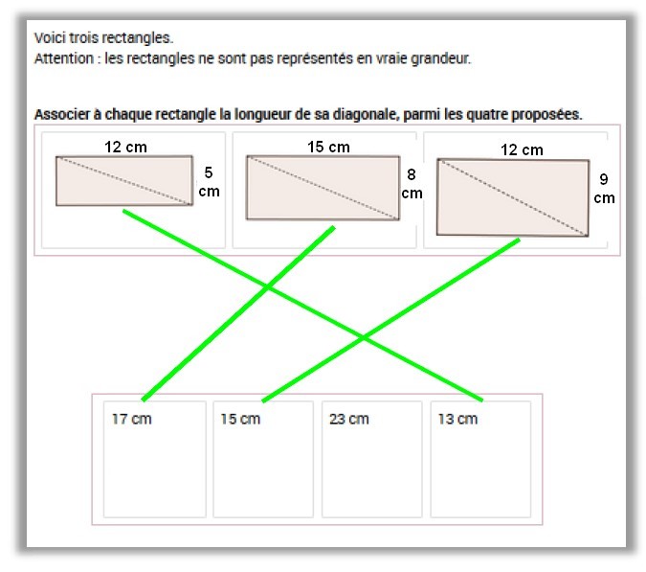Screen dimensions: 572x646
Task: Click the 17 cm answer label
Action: (x=131, y=419)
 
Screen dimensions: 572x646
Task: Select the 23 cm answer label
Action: (x=348, y=419)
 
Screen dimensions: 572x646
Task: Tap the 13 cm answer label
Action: (x=457, y=419)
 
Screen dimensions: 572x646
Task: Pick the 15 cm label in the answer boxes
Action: (x=239, y=419)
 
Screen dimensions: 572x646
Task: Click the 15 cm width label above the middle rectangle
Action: (x=328, y=147)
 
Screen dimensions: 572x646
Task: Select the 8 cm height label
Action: (x=412, y=183)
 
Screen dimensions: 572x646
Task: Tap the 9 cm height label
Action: (x=604, y=188)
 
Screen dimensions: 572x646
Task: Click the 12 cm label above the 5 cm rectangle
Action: (x=124, y=147)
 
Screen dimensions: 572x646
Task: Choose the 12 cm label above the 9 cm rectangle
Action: (x=522, y=149)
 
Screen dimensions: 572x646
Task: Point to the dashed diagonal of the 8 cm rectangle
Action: (x=323, y=188)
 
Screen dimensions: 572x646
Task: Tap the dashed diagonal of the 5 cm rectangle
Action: (x=123, y=181)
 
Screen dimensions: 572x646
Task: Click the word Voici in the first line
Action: (x=50, y=38)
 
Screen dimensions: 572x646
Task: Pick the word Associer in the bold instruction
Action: (x=61, y=115)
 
